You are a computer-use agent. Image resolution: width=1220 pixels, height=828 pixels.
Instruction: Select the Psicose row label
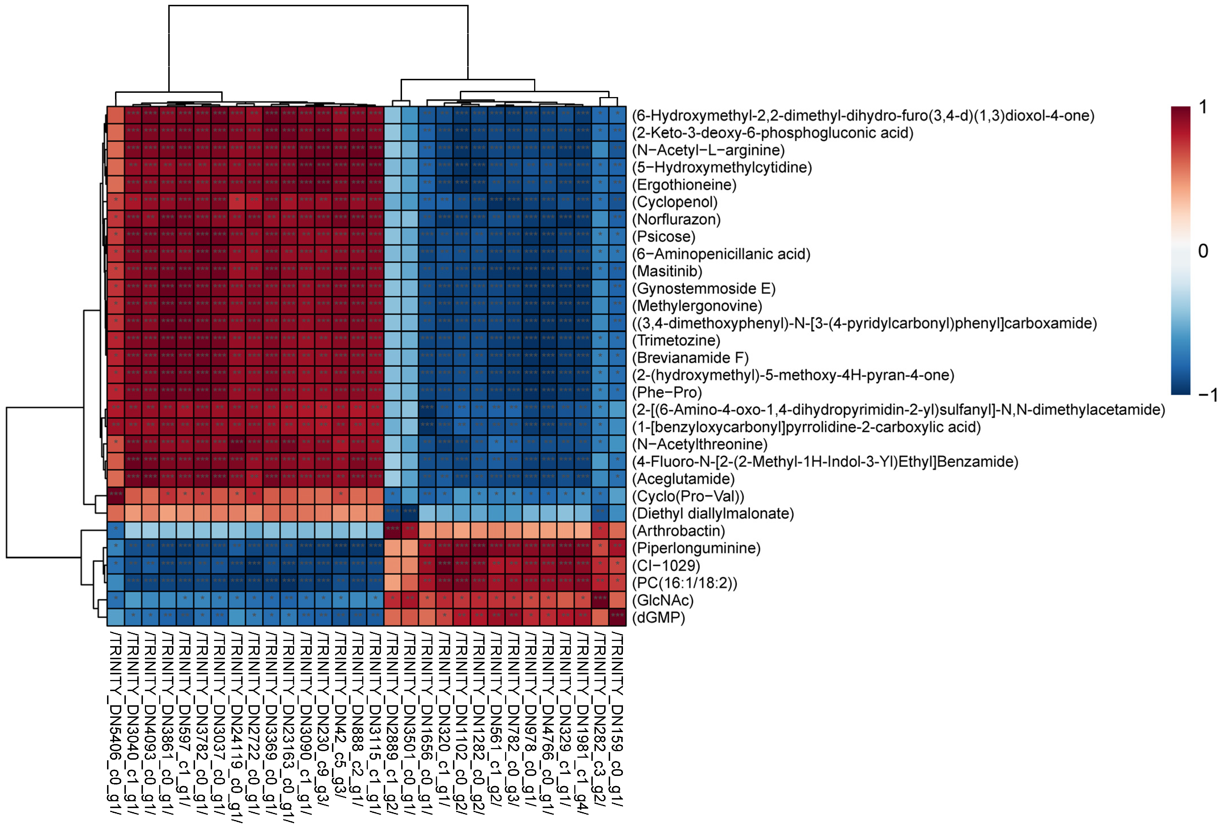(x=664, y=237)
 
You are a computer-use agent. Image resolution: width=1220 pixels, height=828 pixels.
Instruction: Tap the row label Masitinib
(x=667, y=271)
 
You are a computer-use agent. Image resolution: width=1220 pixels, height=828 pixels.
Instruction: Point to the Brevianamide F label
(x=690, y=358)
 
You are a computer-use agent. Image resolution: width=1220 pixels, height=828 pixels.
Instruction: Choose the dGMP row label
(x=659, y=618)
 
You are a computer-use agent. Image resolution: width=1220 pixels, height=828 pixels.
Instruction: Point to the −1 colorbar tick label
(x=1207, y=395)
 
